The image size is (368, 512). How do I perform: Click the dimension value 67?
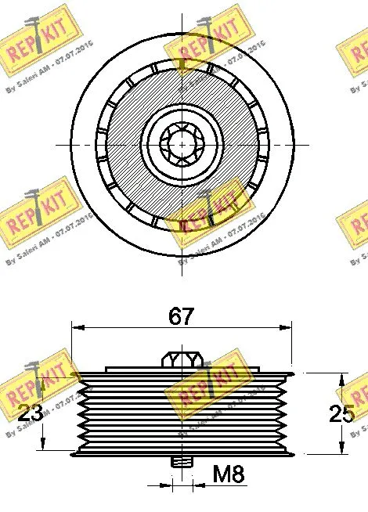point(182,317)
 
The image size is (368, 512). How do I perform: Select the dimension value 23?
point(29,413)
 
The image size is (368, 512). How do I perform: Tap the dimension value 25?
point(342,413)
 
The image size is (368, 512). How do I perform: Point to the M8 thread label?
point(229,474)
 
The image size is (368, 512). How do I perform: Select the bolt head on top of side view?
point(182,359)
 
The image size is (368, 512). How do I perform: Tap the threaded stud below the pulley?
point(182,463)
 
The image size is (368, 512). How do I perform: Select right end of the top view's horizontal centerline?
point(305,143)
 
